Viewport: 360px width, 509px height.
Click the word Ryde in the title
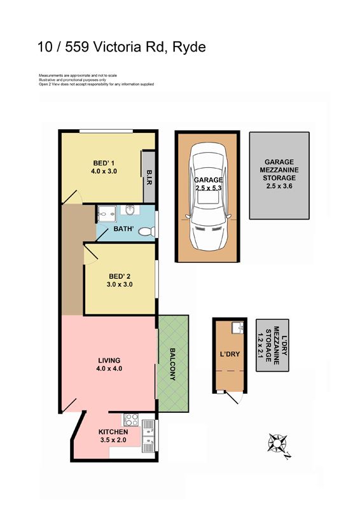189,47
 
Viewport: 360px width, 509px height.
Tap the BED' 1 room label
104,163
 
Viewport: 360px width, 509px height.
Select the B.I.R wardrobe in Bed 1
149,178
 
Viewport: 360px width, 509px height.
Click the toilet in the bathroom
147,232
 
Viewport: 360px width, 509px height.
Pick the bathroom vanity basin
130,210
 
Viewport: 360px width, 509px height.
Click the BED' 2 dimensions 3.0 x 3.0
120,284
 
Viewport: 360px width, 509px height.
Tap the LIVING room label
109,360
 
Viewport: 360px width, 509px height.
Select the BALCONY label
172,364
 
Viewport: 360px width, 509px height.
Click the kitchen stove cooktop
131,419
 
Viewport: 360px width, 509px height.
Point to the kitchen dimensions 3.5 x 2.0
113,440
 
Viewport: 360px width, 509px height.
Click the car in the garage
208,197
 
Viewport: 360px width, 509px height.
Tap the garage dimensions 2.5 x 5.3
209,188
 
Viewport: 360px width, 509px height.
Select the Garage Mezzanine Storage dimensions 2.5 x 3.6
279,186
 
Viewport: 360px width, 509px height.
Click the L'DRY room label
230,354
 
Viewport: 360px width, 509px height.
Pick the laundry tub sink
237,328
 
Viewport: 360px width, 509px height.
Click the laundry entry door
235,397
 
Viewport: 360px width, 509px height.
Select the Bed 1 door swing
71,197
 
